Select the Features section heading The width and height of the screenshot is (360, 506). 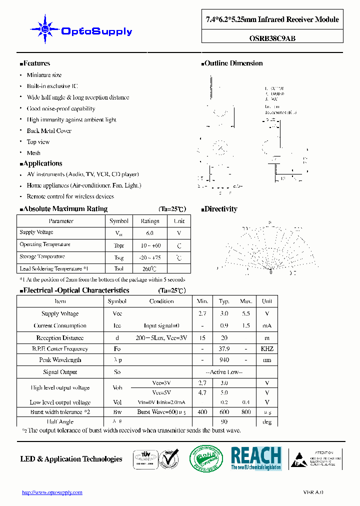click(35, 63)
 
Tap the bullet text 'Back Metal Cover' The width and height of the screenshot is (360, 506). click(49, 131)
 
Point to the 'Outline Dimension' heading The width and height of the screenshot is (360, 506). click(232, 63)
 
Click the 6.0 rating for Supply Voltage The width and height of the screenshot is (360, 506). click(149, 233)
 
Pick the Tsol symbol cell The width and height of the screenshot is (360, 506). click(119, 268)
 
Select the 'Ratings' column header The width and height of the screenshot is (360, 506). click(149, 221)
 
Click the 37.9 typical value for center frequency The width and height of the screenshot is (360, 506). click(224, 349)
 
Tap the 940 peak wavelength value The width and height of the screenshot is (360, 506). click(224, 360)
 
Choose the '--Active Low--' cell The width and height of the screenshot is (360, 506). click(224, 372)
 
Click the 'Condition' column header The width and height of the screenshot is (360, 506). click(161, 301)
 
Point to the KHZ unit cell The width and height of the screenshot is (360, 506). click(267, 349)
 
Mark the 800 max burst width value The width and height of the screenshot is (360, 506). click(245, 412)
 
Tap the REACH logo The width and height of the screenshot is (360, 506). click(255, 458)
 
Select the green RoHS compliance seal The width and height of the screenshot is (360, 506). click(206, 458)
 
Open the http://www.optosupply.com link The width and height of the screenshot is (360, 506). click(52, 492)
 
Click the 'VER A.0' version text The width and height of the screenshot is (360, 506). click(313, 492)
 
